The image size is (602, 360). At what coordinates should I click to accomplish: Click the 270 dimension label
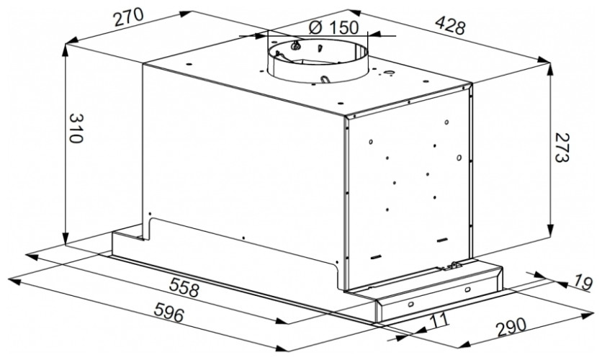pyautogui.click(x=129, y=18)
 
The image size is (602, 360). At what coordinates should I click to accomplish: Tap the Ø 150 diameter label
pyautogui.click(x=333, y=27)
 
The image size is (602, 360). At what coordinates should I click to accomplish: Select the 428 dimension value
pyautogui.click(x=449, y=26)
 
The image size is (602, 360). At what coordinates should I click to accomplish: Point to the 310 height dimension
pyautogui.click(x=76, y=128)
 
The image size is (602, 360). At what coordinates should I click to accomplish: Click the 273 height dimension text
pyautogui.click(x=561, y=148)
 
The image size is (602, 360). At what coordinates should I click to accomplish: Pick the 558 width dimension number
pyautogui.click(x=184, y=288)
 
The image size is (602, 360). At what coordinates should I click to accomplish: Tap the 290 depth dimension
pyautogui.click(x=511, y=328)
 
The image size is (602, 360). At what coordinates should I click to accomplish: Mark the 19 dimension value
pyautogui.click(x=583, y=283)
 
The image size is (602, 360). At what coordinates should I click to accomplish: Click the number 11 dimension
pyautogui.click(x=438, y=319)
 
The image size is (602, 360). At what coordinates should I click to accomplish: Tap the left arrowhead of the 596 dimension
pyautogui.click(x=14, y=282)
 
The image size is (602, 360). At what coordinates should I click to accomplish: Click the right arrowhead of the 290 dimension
pyautogui.click(x=588, y=315)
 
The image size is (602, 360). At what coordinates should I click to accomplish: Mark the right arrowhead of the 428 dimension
pyautogui.click(x=544, y=59)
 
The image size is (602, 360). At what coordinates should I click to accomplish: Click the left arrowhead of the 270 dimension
pyautogui.click(x=73, y=40)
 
